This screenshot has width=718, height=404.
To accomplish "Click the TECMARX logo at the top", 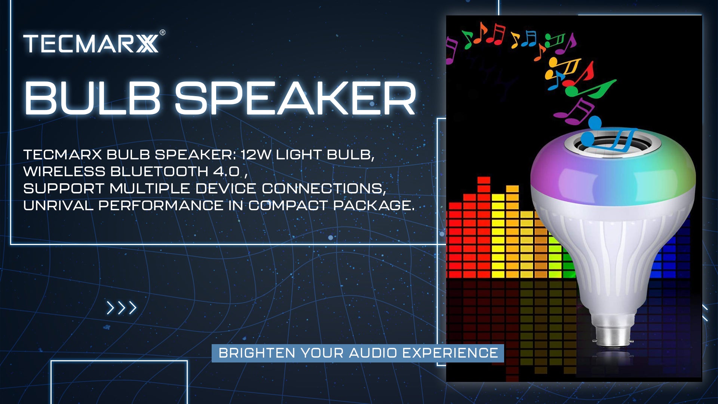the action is coord(91,44).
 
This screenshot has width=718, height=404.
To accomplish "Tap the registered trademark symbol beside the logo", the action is coord(162,33).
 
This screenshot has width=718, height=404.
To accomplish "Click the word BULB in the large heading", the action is coord(92,98).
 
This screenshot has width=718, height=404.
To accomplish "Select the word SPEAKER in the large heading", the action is coord(295,98).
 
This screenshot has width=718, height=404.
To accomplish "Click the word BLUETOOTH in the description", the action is coord(159,171).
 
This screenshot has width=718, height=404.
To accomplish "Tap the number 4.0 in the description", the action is coord(227,171).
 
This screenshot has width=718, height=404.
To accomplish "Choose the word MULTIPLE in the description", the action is coord(150,189).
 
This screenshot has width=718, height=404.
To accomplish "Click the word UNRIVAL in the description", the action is coord(58,205).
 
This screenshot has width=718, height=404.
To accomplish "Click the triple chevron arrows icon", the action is coord(122,308).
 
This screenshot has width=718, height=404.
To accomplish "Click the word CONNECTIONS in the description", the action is coord(323,189).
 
